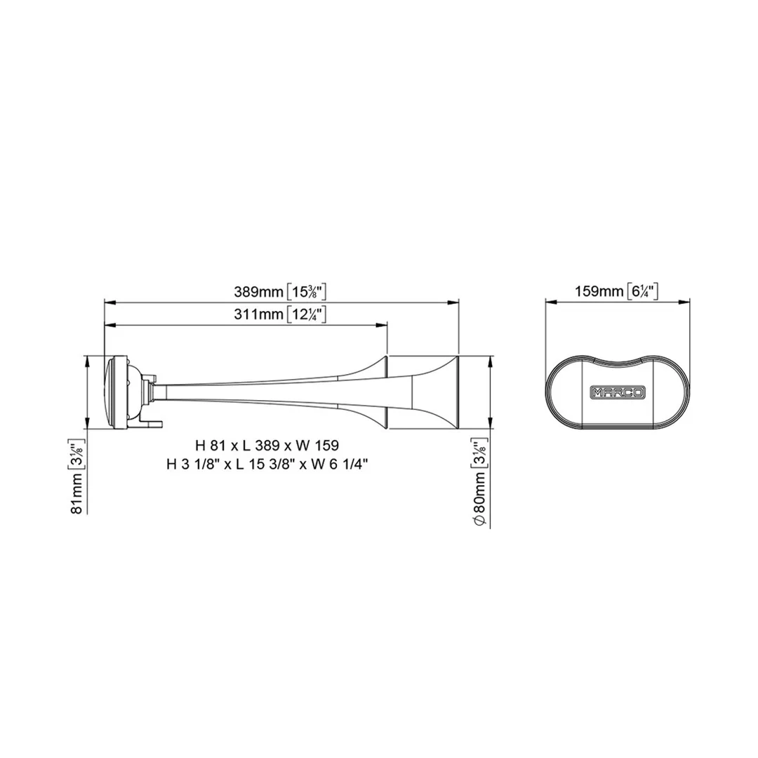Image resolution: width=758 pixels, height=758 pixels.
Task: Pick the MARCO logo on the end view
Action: (617, 392)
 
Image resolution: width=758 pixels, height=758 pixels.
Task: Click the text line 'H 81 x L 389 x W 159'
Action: (267, 445)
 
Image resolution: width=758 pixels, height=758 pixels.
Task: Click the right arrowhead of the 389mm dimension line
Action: (454, 302)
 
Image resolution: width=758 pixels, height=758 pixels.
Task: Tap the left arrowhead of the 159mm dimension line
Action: (550, 302)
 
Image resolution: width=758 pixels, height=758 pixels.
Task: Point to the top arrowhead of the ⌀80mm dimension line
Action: (490, 359)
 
